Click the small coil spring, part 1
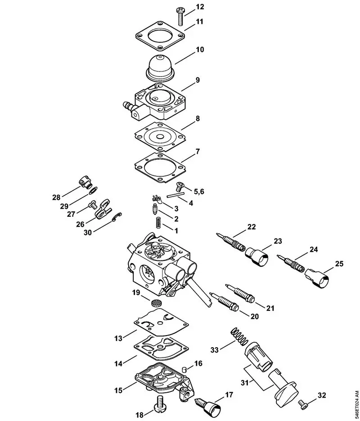[x=158, y=223]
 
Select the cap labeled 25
[x=318, y=278]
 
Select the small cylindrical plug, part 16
[x=184, y=370]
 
